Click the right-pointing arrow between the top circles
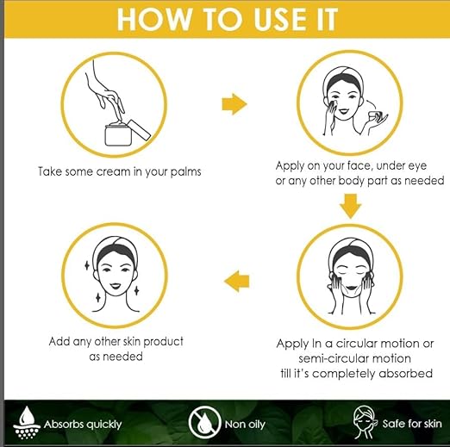(x=234, y=104)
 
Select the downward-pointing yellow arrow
(x=350, y=206)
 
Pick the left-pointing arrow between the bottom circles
(x=236, y=281)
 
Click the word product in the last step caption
(x=163, y=342)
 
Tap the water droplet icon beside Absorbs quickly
(x=27, y=423)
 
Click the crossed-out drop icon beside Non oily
(x=203, y=423)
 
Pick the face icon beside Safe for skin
(x=365, y=422)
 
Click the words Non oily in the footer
(x=245, y=425)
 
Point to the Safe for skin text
(x=412, y=424)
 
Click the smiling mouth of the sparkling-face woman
(x=116, y=286)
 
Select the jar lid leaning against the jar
(x=139, y=130)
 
